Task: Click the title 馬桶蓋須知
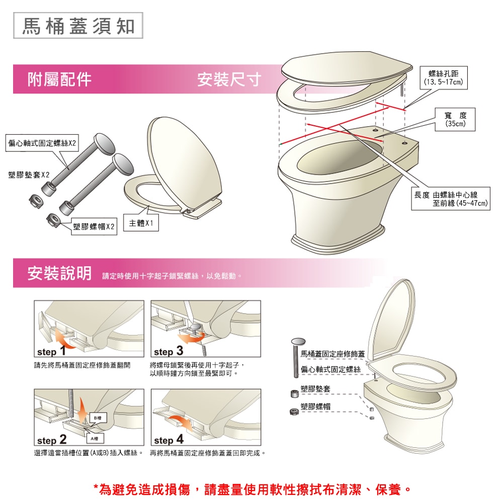78,26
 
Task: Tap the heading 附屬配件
59,79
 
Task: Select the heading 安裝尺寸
229,79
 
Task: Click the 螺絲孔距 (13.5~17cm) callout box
443,77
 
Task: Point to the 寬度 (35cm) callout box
455,119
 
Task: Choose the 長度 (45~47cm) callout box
451,199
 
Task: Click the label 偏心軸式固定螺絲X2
42,143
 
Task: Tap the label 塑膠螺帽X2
94,226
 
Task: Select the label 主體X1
141,223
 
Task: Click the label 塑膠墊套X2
29,175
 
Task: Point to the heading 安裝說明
59,273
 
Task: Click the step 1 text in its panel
52,351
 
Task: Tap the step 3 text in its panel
169,351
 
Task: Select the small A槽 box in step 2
95,439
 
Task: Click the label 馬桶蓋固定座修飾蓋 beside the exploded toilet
332,354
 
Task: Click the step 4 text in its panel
169,440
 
